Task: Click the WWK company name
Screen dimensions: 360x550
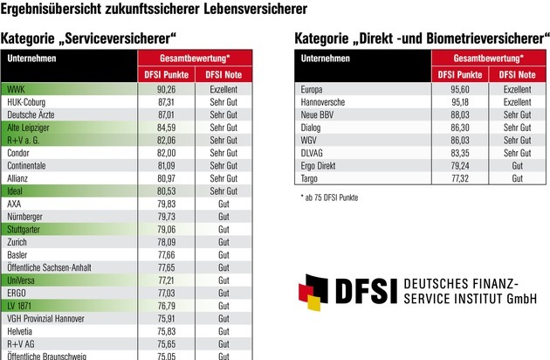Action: [x=15, y=89]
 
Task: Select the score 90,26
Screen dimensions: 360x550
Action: [x=167, y=89]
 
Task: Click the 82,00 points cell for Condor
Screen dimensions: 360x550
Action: [x=167, y=153]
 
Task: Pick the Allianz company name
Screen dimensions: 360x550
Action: [x=20, y=178]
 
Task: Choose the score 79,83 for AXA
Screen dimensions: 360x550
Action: [x=167, y=204]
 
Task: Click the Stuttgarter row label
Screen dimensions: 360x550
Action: [x=26, y=229]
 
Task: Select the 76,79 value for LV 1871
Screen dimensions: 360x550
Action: [x=167, y=306]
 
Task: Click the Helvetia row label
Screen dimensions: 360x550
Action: [x=22, y=331]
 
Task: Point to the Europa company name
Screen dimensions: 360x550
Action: [x=313, y=89]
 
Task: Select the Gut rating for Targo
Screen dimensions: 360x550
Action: [x=518, y=178]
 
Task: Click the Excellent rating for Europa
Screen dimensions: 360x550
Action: [x=518, y=89]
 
